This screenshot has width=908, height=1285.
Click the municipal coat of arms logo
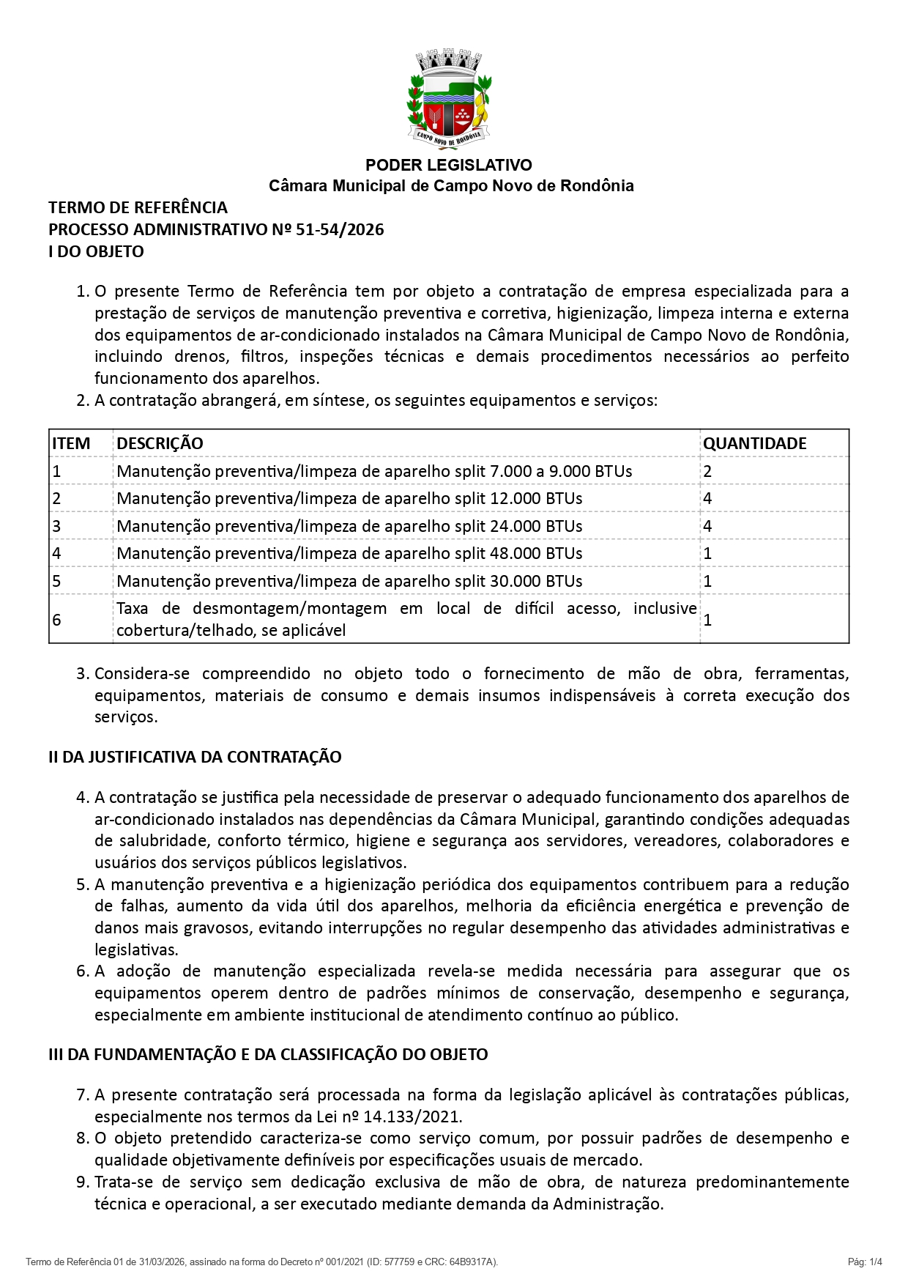449,100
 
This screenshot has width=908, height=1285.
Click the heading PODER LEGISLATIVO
449,165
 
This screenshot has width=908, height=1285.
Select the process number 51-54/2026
340,230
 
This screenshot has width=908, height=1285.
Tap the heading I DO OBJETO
96,251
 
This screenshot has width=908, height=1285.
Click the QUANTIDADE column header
754,443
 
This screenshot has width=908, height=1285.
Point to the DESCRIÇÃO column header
160,443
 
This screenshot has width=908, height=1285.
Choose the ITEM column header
71,443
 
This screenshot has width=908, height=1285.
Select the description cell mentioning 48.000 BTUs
349,553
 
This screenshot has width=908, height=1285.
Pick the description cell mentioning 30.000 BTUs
349,581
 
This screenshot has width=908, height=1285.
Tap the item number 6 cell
56,620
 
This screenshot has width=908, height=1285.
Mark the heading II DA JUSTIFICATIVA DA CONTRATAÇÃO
195,757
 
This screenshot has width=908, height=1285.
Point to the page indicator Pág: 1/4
865,1262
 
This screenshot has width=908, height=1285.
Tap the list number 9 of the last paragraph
83,1182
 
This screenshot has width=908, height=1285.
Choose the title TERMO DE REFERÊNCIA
138,208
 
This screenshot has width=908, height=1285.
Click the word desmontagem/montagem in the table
289,609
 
